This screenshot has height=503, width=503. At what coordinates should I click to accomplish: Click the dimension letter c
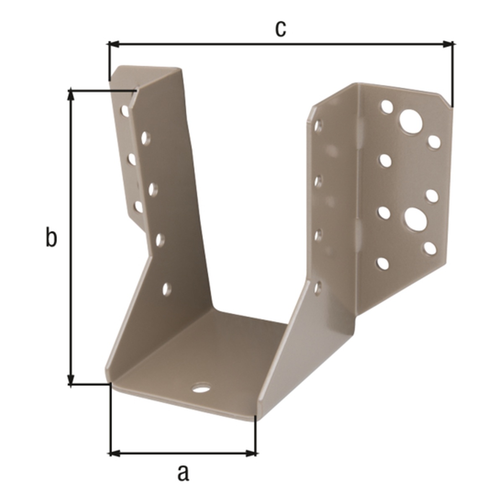pyautogui.click(x=280, y=29)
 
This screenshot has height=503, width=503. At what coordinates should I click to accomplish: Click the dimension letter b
pyautogui.click(x=51, y=237)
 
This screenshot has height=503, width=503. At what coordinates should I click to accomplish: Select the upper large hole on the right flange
pyautogui.click(x=411, y=122)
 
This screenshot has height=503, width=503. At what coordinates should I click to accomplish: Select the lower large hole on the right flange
pyautogui.click(x=416, y=219)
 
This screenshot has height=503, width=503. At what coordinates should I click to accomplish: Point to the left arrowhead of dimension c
pyautogui.click(x=114, y=44)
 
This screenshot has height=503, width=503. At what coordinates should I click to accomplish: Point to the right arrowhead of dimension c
pyautogui.click(x=448, y=44)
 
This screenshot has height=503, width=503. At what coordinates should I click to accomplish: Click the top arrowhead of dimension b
pyautogui.click(x=71, y=95)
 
